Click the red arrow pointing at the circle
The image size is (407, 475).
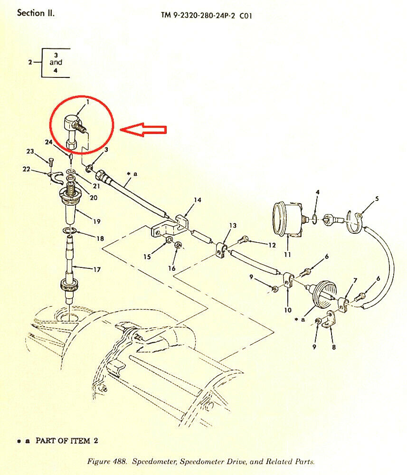point(143,130)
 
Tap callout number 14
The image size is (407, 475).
point(198,200)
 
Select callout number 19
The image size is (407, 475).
point(96,221)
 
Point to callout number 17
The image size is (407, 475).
point(96,269)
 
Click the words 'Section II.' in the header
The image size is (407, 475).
point(36,13)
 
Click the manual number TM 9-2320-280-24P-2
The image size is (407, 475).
point(198,16)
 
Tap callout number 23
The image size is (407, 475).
point(30,151)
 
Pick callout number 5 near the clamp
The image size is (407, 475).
point(377,199)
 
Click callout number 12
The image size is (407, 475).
point(272,245)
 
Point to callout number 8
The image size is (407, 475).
point(334,347)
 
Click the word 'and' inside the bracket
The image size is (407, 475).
point(56,62)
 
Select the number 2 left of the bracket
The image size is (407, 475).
point(30,62)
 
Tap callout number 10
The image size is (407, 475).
point(288,310)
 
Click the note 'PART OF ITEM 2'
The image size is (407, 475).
point(66,440)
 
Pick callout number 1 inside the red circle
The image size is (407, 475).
point(88,103)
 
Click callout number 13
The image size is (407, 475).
point(233,225)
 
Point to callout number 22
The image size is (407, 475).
point(26,169)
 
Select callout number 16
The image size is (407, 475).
point(171,268)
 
